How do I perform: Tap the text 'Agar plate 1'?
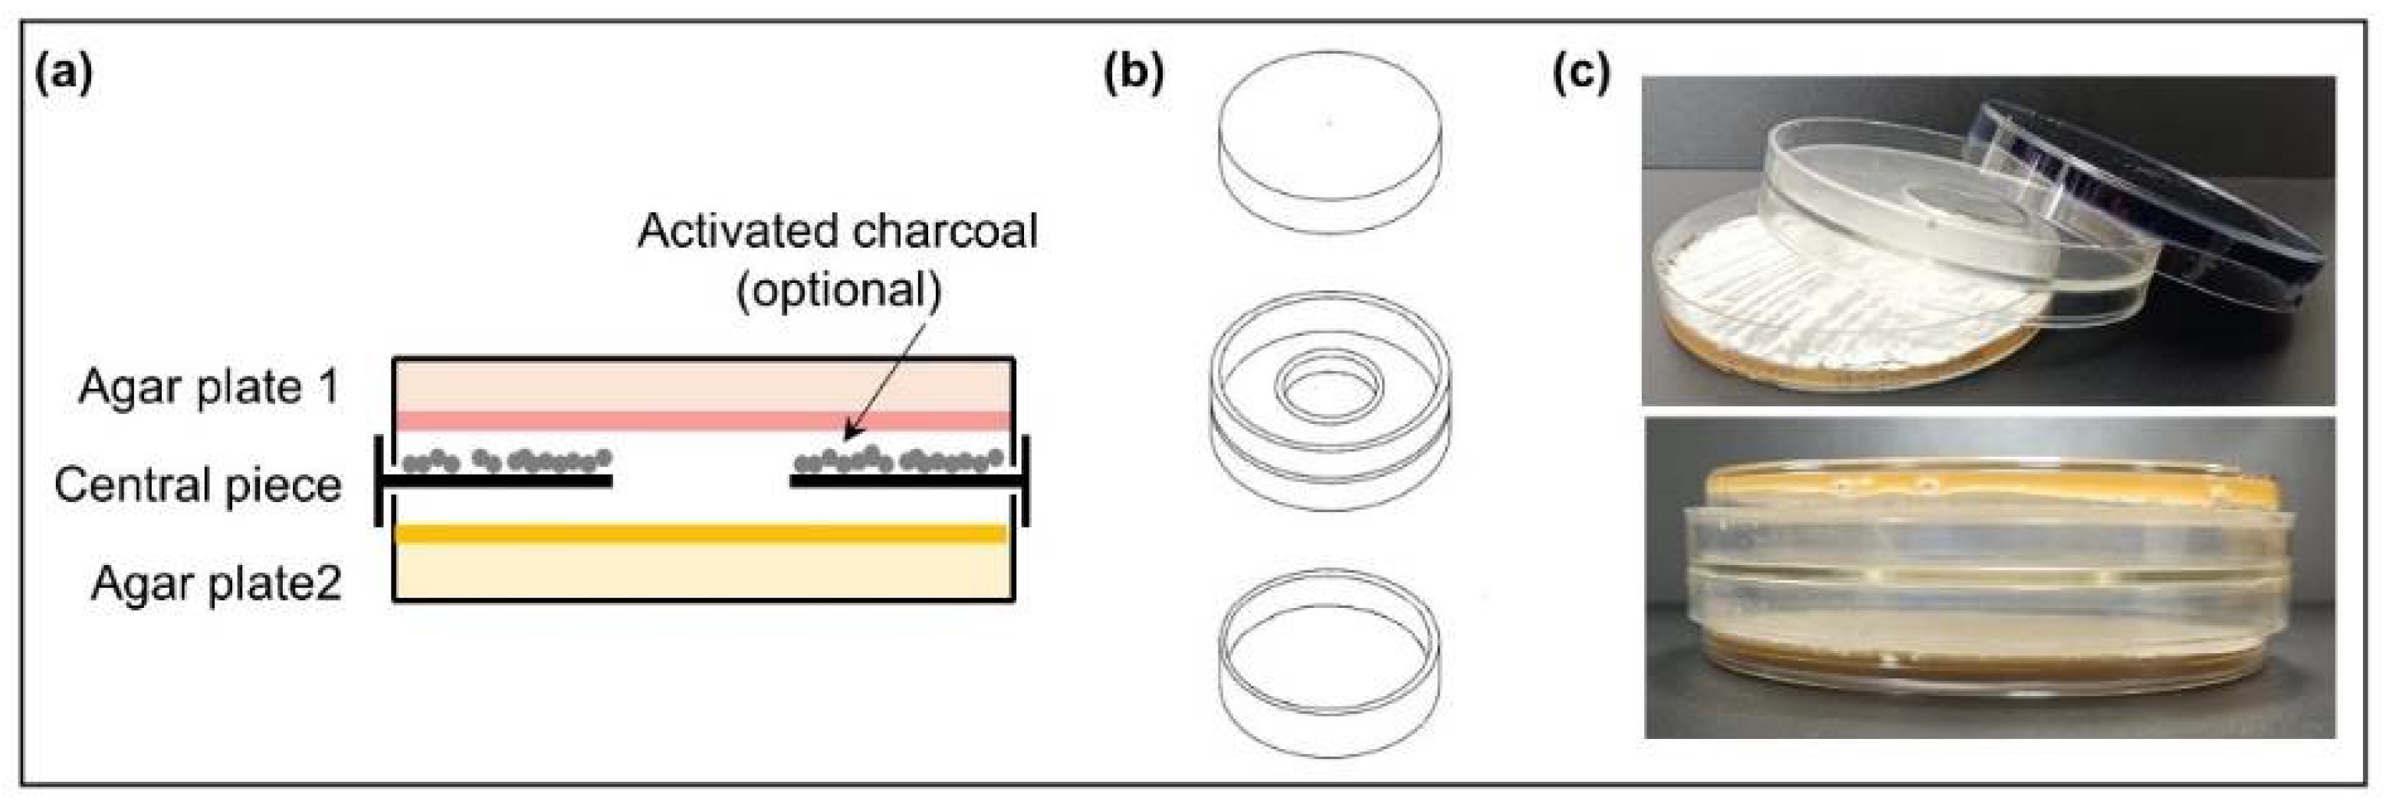tap(209, 386)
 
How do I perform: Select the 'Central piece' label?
tap(197, 484)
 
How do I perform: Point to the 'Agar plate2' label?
tap(216, 583)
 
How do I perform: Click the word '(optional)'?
tap(839, 290)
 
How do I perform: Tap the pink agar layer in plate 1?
tap(704, 421)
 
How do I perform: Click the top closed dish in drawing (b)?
tap(1330, 141)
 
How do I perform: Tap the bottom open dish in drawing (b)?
tap(1330, 662)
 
